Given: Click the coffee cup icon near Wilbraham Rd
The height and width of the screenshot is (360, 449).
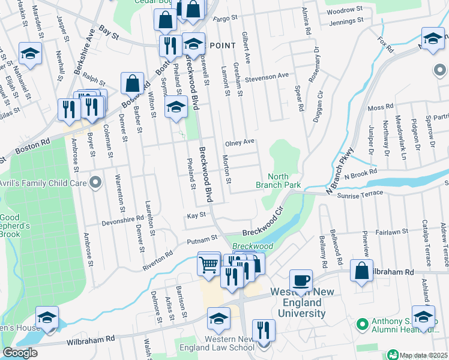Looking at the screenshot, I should tap(301, 280).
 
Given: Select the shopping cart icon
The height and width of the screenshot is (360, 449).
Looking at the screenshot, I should tap(208, 263).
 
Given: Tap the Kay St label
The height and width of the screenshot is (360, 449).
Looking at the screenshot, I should tap(196, 215).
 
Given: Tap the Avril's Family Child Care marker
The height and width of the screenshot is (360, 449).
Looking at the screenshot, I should tap(95, 183).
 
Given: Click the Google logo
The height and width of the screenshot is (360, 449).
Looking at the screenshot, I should tap(20, 352).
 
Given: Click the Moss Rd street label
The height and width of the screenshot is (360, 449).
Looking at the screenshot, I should tap(381, 108).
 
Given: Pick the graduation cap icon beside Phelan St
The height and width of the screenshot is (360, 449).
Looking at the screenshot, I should tap(175, 107).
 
